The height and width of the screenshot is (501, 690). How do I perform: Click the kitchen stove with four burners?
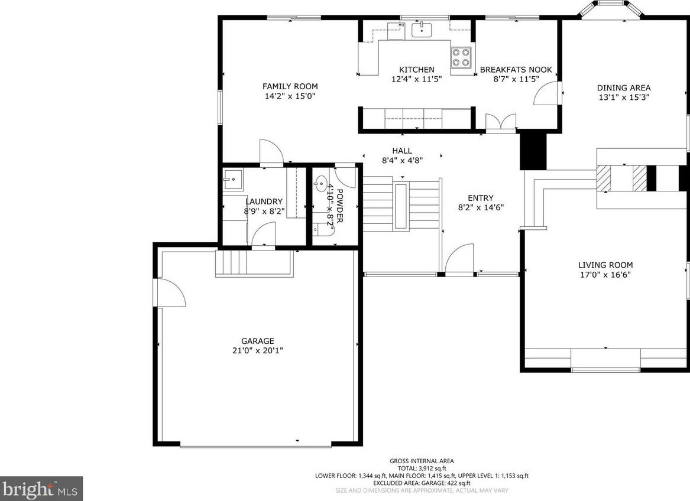click(461, 57)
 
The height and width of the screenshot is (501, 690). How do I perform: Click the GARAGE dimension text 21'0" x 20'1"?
click(258, 350)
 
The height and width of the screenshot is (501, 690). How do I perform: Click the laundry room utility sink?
click(232, 177)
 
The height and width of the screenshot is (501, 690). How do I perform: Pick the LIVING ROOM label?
click(605, 265)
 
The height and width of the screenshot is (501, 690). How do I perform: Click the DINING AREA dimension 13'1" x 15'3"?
click(623, 98)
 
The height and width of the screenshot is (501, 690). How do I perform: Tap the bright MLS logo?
click(41, 489)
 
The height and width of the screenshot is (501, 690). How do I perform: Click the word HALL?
click(401, 151)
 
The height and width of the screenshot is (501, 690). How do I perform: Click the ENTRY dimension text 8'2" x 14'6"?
click(480, 207)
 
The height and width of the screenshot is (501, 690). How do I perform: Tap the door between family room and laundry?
click(271, 152)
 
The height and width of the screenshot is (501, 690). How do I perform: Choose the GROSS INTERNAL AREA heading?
click(422, 461)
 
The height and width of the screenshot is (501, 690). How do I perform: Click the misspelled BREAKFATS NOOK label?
click(516, 70)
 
